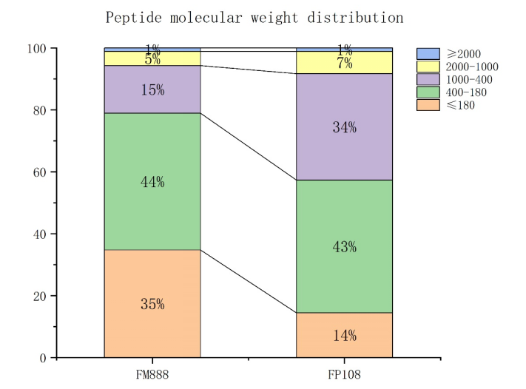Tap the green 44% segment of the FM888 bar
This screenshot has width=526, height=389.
click(x=152, y=181)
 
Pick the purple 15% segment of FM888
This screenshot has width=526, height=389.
click(x=152, y=89)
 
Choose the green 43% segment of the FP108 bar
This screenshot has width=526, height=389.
click(x=344, y=246)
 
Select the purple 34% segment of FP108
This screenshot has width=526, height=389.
click(x=344, y=126)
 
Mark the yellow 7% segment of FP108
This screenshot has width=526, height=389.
click(x=344, y=62)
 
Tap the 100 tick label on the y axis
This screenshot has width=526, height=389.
click(x=38, y=49)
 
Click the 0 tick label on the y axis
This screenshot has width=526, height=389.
click(x=44, y=358)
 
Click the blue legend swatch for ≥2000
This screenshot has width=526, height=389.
click(x=428, y=54)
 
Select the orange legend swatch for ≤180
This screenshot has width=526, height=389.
click(x=428, y=105)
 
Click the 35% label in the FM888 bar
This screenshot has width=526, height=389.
click(x=152, y=304)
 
